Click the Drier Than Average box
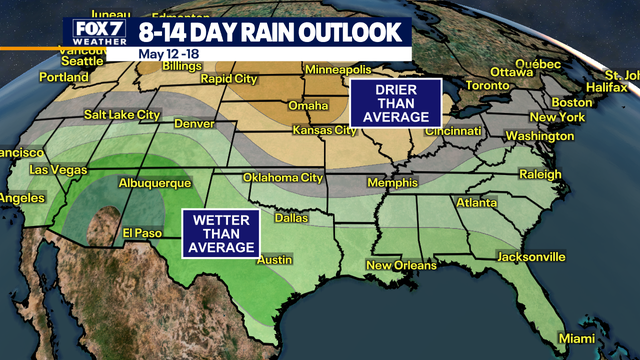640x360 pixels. point(395,103)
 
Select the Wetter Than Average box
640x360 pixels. point(219,232)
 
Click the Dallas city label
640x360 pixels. point(290,217)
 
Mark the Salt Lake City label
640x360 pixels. point(120,115)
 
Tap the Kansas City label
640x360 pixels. point(324,131)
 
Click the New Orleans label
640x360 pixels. point(400,266)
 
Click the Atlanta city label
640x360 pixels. point(476,203)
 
